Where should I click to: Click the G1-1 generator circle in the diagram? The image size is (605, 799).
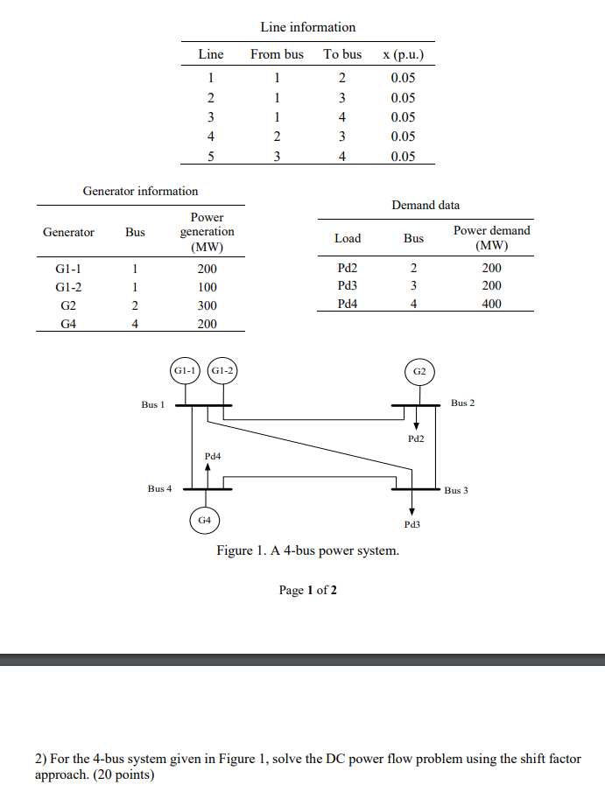coord(186,370)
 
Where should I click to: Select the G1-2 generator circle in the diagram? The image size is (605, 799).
coord(222,370)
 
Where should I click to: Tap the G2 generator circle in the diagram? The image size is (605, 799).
coord(419,371)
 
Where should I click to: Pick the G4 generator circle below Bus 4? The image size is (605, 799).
coord(204,520)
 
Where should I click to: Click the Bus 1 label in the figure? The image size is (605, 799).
coord(152,405)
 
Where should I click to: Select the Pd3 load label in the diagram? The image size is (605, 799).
coord(412,524)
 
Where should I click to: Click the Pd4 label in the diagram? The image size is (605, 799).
coord(213,456)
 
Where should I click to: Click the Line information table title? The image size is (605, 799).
coord(308,27)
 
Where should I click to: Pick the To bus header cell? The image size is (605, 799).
coord(342,54)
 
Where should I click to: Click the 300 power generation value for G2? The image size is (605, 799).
coord(208,305)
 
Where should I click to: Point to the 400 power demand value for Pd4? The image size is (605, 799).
coord(491,304)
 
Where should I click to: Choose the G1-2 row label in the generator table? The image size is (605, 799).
coord(68,287)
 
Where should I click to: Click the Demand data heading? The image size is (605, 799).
coord(426,205)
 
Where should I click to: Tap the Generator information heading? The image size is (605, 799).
coord(140,190)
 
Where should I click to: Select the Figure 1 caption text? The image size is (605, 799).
coord(308,550)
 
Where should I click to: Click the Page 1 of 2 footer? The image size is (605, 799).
coord(307,590)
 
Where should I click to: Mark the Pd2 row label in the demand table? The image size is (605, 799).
coord(348,269)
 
